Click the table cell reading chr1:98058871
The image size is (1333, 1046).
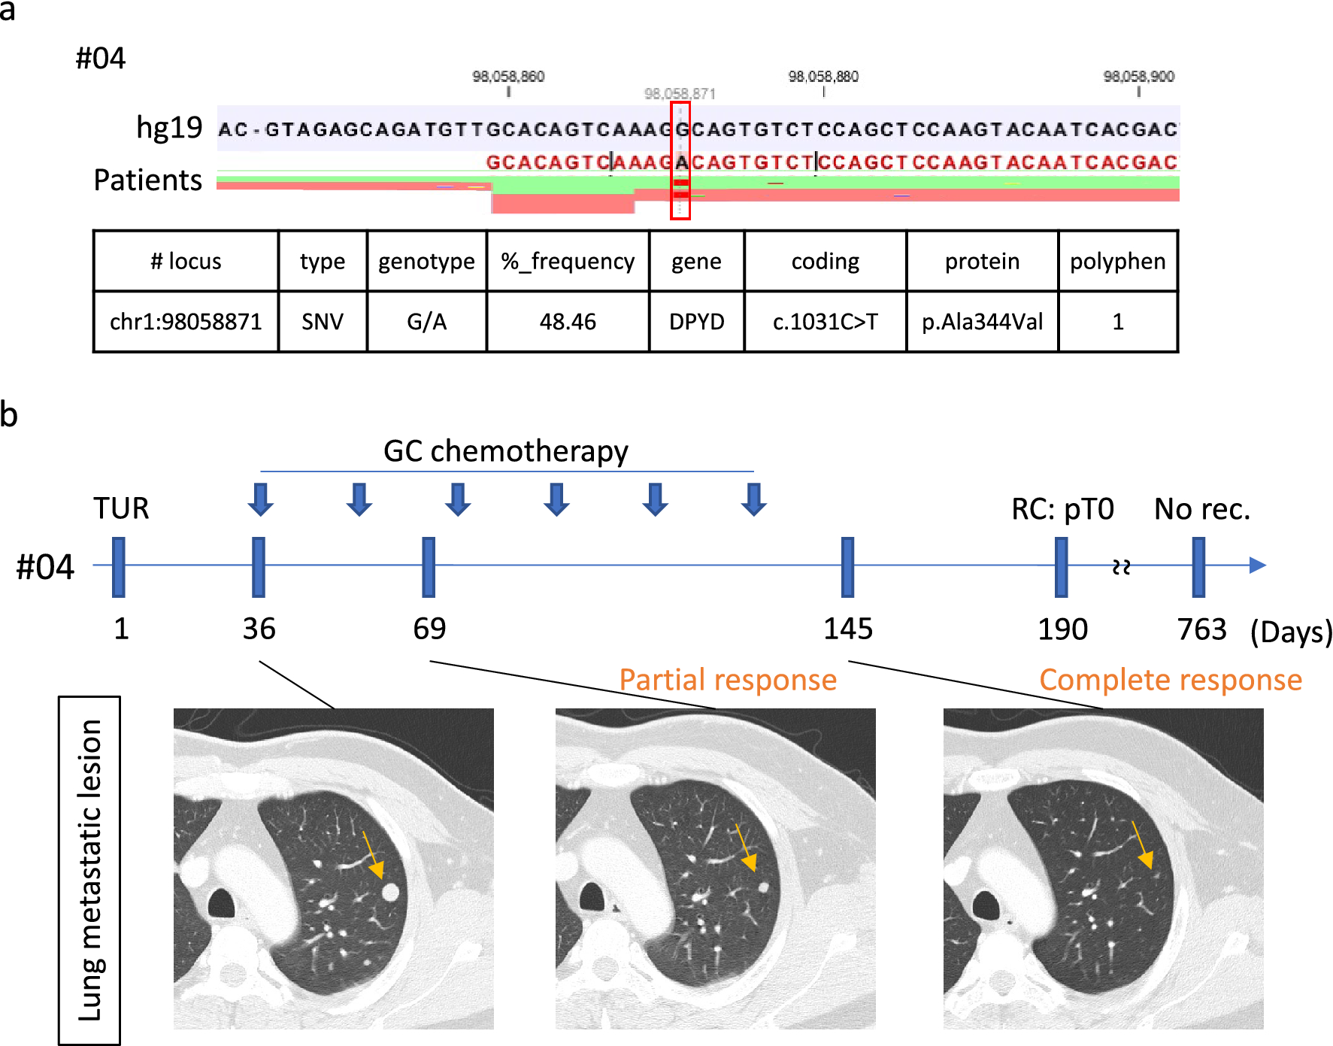coord(186,322)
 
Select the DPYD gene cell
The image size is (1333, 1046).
coord(696,322)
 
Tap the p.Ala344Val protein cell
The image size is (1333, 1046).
coord(982,322)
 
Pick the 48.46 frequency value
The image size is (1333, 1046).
coord(568,322)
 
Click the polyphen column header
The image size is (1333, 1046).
coord(1117,261)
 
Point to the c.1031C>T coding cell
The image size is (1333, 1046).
coord(825,322)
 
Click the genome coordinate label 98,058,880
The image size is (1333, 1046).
coord(823,77)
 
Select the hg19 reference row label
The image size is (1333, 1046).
coord(169,128)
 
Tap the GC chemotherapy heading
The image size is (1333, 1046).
coord(506,451)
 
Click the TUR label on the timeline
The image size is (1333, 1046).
coord(121,508)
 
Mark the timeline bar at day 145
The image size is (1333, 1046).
coord(847,567)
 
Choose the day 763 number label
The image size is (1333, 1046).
coord(1201,629)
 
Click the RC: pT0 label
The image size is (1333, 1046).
coord(1062,509)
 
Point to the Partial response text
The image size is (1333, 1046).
coord(728,680)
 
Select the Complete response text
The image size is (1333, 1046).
coord(1171,680)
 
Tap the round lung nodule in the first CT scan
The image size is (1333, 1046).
coord(390,892)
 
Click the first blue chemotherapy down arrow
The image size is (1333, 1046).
coord(261,499)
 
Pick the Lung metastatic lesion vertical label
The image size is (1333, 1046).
coord(89,870)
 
